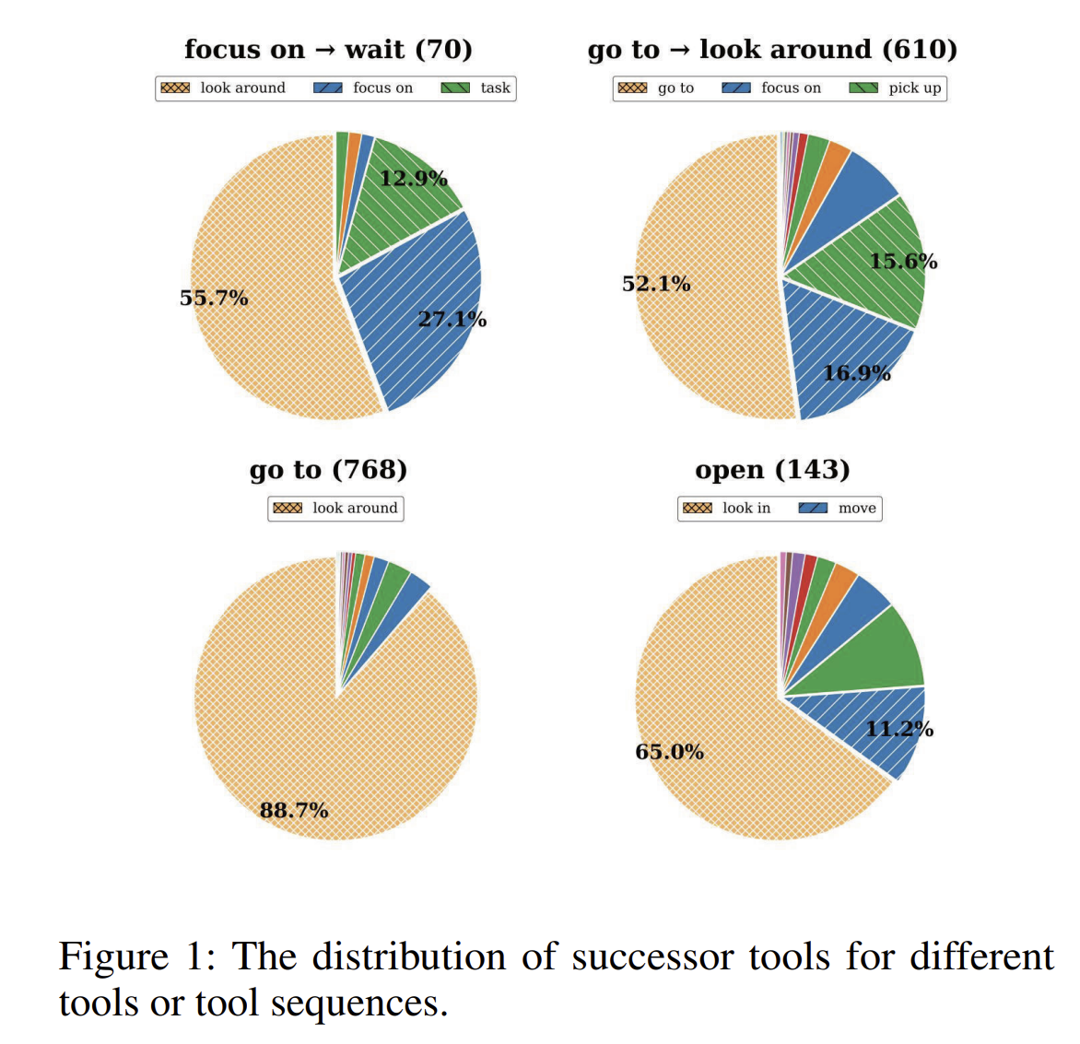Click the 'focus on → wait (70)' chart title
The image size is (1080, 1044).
[x=328, y=49]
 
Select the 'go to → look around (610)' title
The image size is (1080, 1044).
[x=772, y=49]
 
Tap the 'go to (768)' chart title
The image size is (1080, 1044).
[x=328, y=469]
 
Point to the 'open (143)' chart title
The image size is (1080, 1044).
[x=772, y=469]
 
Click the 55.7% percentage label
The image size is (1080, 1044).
[x=214, y=298]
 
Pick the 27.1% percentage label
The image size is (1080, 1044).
[x=452, y=320]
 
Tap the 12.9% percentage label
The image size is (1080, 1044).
[x=414, y=178]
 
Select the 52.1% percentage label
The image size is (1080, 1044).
[x=656, y=284]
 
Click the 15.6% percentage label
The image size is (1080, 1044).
[x=903, y=262]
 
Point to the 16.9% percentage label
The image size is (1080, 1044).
[x=856, y=373]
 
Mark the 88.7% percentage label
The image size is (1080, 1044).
[x=294, y=810]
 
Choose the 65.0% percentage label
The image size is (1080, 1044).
[x=669, y=752]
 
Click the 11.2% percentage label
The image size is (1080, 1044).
[x=898, y=730]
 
